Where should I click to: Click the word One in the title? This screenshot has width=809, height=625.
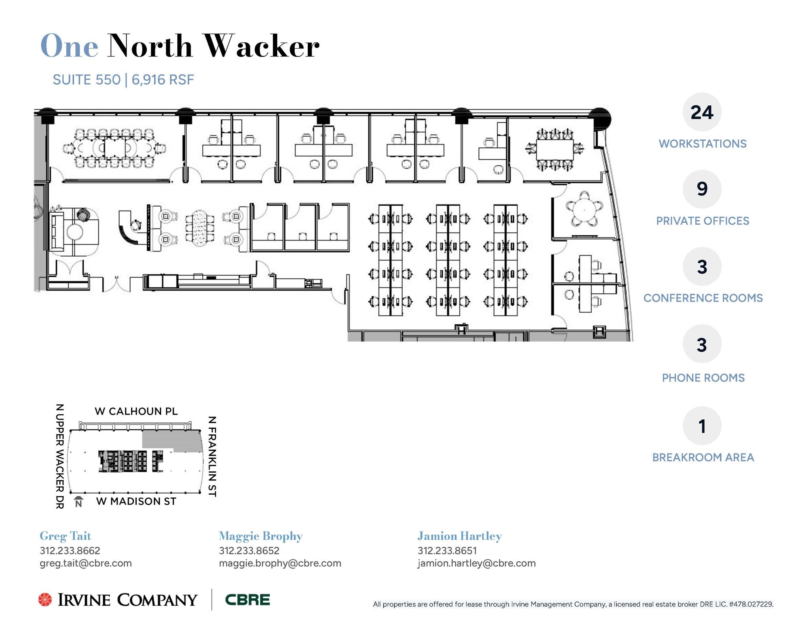pyautogui.click(x=69, y=46)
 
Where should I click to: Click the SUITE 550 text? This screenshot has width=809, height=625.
pyautogui.click(x=87, y=80)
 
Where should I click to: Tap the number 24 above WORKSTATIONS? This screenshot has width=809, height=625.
pyautogui.click(x=702, y=113)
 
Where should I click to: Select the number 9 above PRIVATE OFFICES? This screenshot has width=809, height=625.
pyautogui.click(x=702, y=189)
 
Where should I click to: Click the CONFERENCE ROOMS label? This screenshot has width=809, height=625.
pyautogui.click(x=703, y=298)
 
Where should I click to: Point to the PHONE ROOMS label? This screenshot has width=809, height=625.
pyautogui.click(x=703, y=378)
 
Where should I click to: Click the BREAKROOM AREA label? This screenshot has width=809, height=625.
pyautogui.click(x=703, y=457)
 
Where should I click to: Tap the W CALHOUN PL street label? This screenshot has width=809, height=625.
pyautogui.click(x=136, y=411)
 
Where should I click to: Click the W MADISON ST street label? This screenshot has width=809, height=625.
pyautogui.click(x=136, y=501)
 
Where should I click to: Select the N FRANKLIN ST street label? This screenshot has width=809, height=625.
pyautogui.click(x=212, y=456)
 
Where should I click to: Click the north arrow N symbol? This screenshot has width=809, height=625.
pyautogui.click(x=79, y=502)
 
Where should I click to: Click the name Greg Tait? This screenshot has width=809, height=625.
pyautogui.click(x=65, y=536)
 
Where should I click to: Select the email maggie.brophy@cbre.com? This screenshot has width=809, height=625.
pyautogui.click(x=280, y=563)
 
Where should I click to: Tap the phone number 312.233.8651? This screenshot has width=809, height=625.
pyautogui.click(x=447, y=550)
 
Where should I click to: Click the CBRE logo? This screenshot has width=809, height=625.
pyautogui.click(x=247, y=600)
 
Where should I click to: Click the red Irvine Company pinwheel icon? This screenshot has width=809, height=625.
pyautogui.click(x=45, y=599)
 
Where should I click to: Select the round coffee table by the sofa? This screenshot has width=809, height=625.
pyautogui.click(x=75, y=232)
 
